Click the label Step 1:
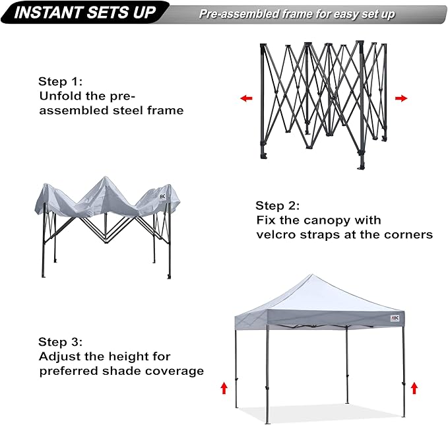[x=61, y=82]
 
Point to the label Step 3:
[x=61, y=342]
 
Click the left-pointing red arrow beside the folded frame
[x=246, y=98]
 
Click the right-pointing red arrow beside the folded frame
[x=401, y=98]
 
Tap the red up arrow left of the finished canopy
[x=223, y=387]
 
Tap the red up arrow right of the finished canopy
[x=414, y=387]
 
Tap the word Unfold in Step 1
[x=59, y=96]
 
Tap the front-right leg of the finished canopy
[x=404, y=370]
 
